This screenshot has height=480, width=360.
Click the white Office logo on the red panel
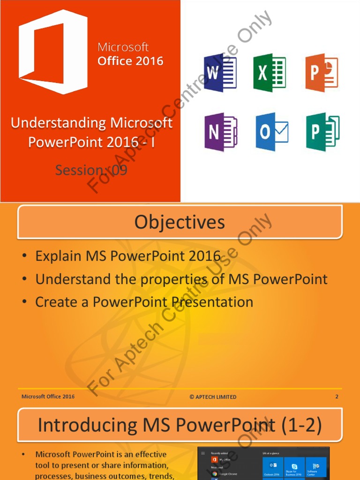(x=52, y=52)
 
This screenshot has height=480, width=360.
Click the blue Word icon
(x=220, y=73)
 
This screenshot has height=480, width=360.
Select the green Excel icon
(x=270, y=73)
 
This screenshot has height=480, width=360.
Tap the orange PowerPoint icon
(x=321, y=73)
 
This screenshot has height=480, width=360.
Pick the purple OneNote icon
(x=220, y=132)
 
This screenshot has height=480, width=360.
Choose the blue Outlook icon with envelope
(x=271, y=132)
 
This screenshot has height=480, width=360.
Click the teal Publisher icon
(x=322, y=132)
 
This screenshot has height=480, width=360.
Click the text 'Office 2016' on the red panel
(x=130, y=61)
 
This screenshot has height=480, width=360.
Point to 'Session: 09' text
(x=91, y=170)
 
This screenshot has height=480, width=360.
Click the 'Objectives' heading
(x=180, y=222)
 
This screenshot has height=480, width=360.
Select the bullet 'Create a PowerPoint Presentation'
(x=144, y=302)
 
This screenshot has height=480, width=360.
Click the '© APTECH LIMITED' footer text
(x=213, y=397)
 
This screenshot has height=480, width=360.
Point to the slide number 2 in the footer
(x=337, y=397)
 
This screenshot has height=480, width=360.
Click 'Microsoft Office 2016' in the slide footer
(x=48, y=397)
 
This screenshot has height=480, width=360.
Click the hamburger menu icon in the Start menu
(x=202, y=453)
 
